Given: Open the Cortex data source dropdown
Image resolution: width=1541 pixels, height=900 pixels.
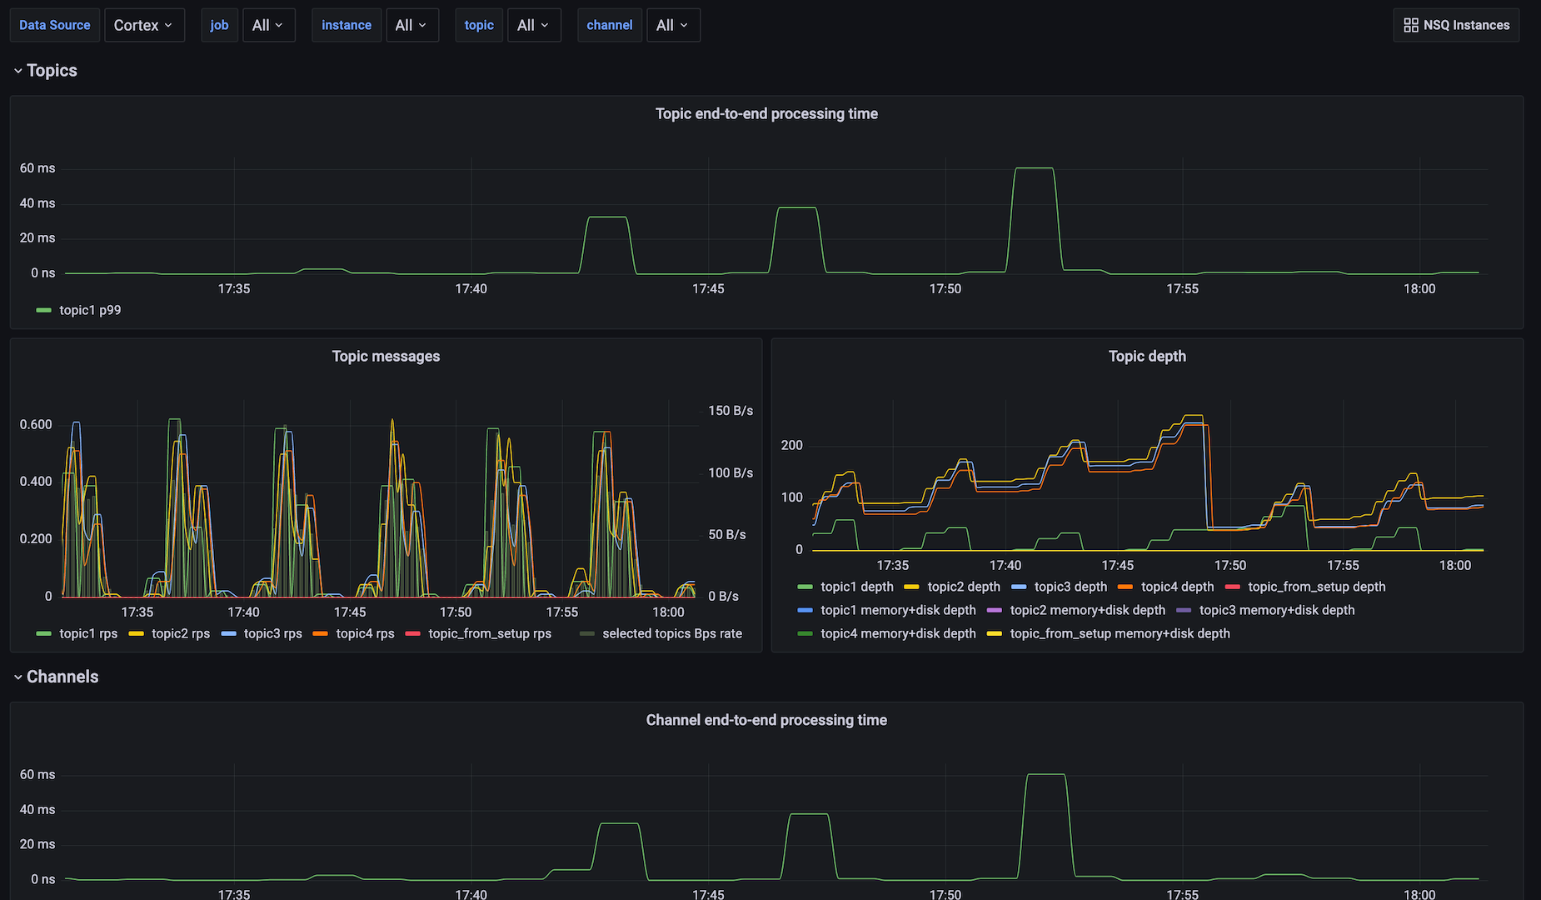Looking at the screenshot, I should (x=143, y=25).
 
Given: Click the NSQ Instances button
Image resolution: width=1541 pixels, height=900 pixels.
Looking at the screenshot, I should (x=1456, y=25).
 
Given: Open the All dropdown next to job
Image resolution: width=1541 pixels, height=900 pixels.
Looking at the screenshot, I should (x=267, y=25).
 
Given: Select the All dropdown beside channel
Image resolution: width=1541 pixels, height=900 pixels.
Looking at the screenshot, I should (x=672, y=25).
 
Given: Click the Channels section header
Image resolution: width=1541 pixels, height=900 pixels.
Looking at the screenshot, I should (x=62, y=677).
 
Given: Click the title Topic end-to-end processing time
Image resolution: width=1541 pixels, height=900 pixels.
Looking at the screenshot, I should (x=766, y=113).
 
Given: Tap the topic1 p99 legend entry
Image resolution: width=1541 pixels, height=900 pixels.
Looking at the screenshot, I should (x=89, y=310).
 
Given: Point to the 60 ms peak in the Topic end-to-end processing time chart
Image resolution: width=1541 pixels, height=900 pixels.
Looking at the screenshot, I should (x=1034, y=169).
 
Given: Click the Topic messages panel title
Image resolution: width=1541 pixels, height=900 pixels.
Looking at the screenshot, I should (x=386, y=356).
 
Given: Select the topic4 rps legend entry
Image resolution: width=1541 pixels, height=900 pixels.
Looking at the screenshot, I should (x=364, y=633).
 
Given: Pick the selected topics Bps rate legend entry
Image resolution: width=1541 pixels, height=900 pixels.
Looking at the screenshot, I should (x=671, y=633).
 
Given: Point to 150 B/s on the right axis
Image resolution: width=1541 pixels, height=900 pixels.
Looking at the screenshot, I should (x=731, y=411).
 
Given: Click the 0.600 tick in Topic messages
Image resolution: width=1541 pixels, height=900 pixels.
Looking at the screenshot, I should (x=36, y=424).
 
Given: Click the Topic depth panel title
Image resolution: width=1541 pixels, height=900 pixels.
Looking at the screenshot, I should (x=1147, y=356).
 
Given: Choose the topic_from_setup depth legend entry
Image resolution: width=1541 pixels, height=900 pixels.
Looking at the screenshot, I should (x=1316, y=587).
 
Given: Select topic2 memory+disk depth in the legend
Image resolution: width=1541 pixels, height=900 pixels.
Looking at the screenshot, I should (x=1087, y=610).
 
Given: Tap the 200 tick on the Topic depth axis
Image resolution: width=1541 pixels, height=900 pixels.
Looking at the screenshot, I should (x=791, y=445).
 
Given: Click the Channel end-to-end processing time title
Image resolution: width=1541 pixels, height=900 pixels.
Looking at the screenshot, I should (x=766, y=720).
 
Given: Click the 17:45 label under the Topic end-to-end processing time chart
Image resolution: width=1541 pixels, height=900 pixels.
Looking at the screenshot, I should (x=708, y=288).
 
